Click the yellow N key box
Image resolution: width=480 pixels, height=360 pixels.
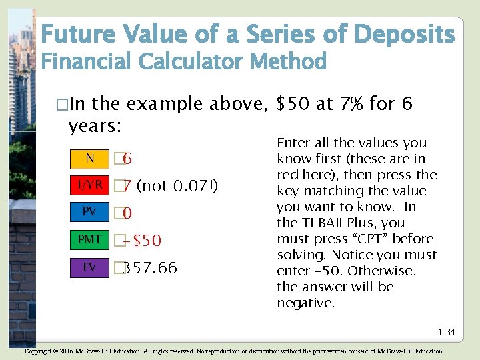pyautogui.click(x=89, y=158)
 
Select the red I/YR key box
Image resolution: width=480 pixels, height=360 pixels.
pyautogui.click(x=89, y=185)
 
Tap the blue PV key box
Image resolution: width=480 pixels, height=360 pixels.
pyautogui.click(x=89, y=212)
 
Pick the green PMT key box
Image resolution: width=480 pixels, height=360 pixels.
pyautogui.click(x=89, y=239)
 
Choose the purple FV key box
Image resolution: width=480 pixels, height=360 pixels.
pyautogui.click(x=89, y=267)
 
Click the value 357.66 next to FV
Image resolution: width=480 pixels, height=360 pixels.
pyautogui.click(x=151, y=268)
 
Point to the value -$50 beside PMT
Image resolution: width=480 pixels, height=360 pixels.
pyautogui.click(x=143, y=241)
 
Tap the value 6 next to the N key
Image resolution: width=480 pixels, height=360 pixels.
pyautogui.click(x=127, y=159)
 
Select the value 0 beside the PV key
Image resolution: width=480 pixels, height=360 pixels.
pyautogui.click(x=127, y=213)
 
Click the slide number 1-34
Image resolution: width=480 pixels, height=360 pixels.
pyautogui.click(x=446, y=332)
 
